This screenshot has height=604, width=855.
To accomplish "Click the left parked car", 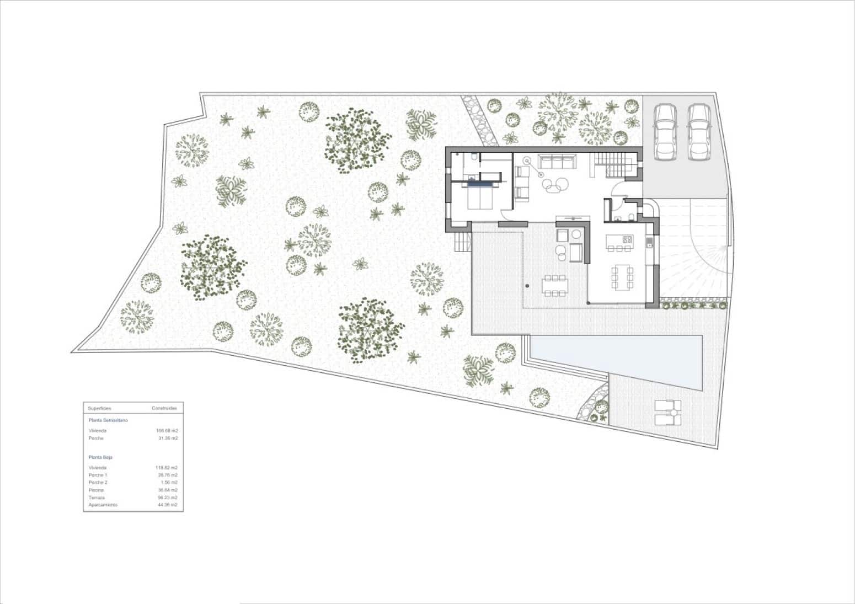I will point(665,132).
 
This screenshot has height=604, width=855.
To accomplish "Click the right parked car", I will point(698,132).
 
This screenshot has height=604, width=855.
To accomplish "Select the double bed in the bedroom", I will point(480,197).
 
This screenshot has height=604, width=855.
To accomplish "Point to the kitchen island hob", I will point(627,239).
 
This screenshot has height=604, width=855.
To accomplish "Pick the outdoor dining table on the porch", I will point(554,285).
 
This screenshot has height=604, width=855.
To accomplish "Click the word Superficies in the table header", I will point(100,409).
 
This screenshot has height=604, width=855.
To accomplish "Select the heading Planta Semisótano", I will point(108,420).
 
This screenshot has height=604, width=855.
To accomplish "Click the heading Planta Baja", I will point(100,457).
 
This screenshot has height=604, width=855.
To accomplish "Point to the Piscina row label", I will point(96,490).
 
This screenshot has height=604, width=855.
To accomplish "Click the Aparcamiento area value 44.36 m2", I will point(167,505).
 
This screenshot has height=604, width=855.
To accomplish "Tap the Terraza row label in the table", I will point(96,498).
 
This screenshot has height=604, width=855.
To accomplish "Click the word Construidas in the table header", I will point(164,409).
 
